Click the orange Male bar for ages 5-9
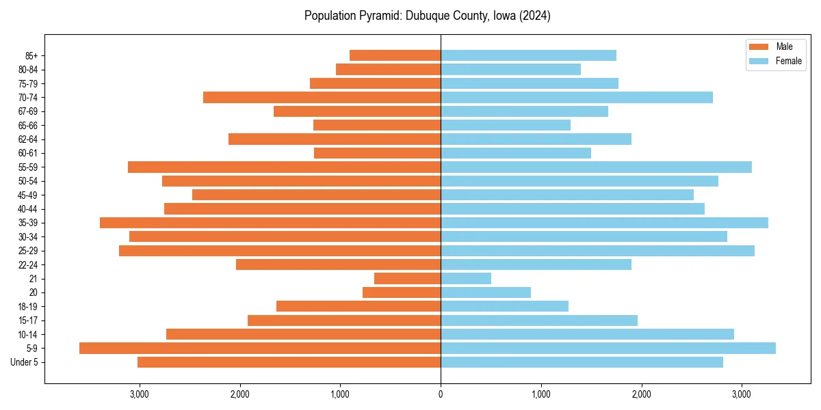pyautogui.click(x=260, y=348)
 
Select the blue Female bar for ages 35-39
pyautogui.click(x=604, y=223)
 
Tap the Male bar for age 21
pyautogui.click(x=407, y=279)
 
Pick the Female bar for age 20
pyautogui.click(x=486, y=292)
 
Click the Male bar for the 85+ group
pyautogui.click(x=395, y=55)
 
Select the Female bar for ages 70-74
pyautogui.click(x=577, y=98)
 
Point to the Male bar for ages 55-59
pyautogui.click(x=284, y=167)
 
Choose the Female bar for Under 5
pyautogui.click(x=582, y=362)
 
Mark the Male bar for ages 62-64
pyautogui.click(x=335, y=139)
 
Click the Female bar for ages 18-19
pyautogui.click(x=504, y=307)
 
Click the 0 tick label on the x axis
pyautogui.click(x=441, y=395)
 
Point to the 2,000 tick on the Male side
pyautogui.click(x=239, y=395)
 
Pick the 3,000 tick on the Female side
pyautogui.click(x=742, y=395)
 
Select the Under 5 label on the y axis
pyautogui.click(x=24, y=362)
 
